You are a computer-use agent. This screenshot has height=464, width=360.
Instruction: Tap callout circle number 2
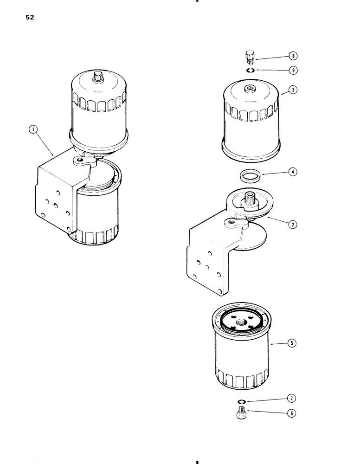pos(292,224)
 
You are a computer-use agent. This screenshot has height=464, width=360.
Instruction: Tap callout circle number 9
pos(292,71)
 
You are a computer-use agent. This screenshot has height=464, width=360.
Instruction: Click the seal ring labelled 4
pos(251,176)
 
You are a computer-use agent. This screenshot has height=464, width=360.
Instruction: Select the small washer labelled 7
pos(242,401)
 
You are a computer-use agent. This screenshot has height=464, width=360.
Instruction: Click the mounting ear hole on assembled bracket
pos(81,160)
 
